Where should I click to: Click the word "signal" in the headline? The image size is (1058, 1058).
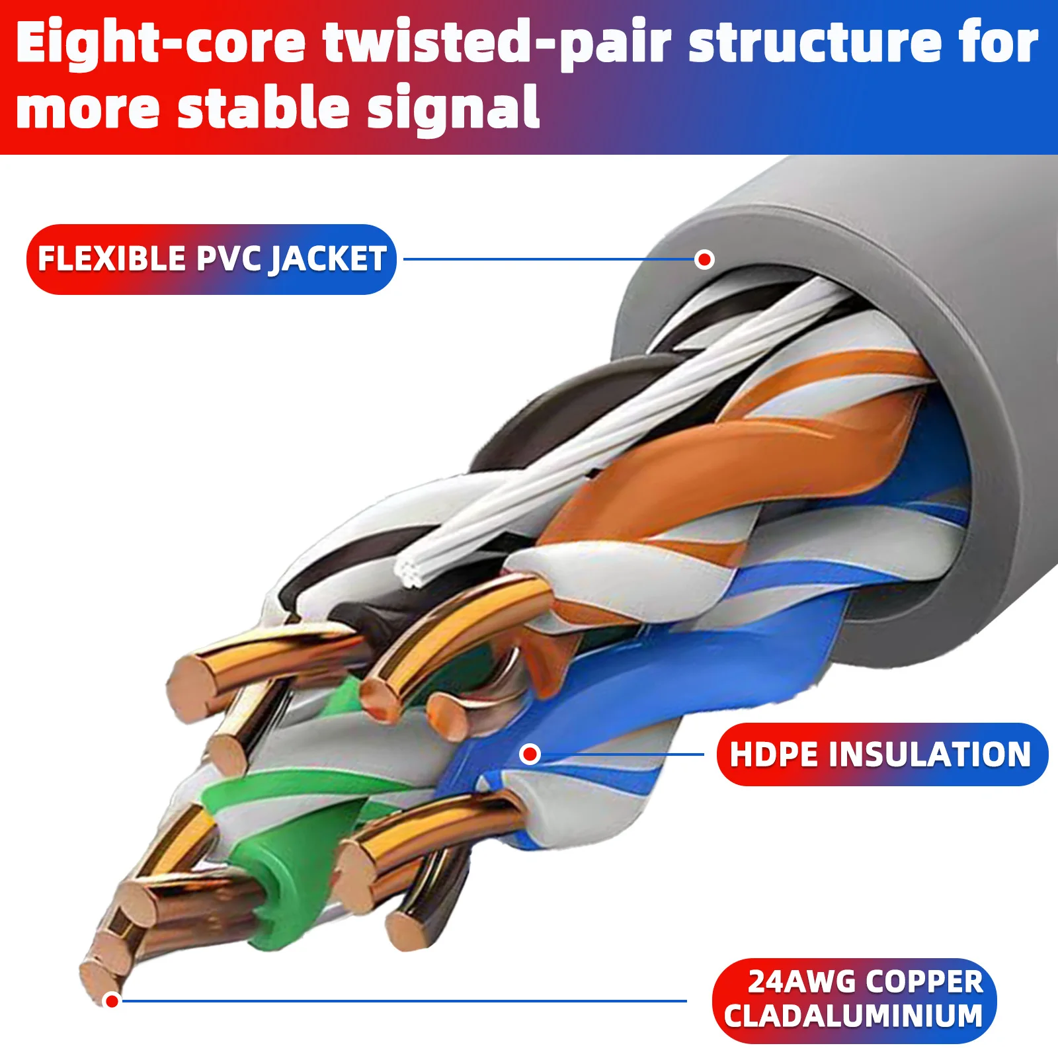pyautogui.click(x=453, y=108)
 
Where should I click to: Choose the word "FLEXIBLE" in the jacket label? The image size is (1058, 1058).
pyautogui.click(x=112, y=259)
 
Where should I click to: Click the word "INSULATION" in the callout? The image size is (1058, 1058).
pyautogui.click(x=930, y=754)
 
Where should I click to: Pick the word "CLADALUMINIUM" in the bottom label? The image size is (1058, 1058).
pyautogui.click(x=853, y=1016)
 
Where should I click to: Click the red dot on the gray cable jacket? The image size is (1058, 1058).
pyautogui.click(x=705, y=259)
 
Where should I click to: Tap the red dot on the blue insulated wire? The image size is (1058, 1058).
pyautogui.click(x=530, y=754)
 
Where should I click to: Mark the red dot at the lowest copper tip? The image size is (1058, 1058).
pyautogui.click(x=112, y=1000)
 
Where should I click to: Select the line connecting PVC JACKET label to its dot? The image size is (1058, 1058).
pyautogui.click(x=549, y=259)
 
